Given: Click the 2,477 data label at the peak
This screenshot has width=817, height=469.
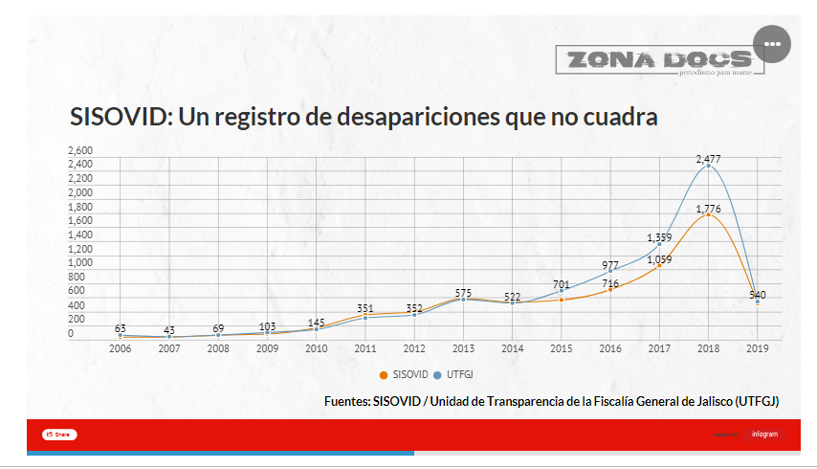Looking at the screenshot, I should point(708,158).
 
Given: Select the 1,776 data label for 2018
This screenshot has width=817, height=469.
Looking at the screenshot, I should point(708,208).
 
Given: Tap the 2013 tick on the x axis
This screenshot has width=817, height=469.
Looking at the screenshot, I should point(463,349).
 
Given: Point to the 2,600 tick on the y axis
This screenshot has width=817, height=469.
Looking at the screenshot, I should point(81,150).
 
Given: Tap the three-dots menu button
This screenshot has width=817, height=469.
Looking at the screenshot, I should point(772,45).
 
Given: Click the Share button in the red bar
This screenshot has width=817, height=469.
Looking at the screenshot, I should point(59,435).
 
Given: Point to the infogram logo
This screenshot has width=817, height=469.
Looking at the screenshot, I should point(764,435).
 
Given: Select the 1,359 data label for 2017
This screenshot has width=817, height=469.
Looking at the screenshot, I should point(659,237).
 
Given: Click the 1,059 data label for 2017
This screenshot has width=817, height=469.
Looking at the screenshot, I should point(659,258).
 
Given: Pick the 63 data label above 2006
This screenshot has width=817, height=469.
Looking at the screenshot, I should point(121,328).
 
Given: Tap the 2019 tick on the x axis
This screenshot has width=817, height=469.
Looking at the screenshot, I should point(757,349).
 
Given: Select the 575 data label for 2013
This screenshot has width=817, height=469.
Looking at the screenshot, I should point(463,293).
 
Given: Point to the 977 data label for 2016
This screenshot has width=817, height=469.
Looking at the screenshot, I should point(610,265).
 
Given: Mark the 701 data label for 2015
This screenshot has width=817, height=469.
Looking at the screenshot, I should point(562,284).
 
